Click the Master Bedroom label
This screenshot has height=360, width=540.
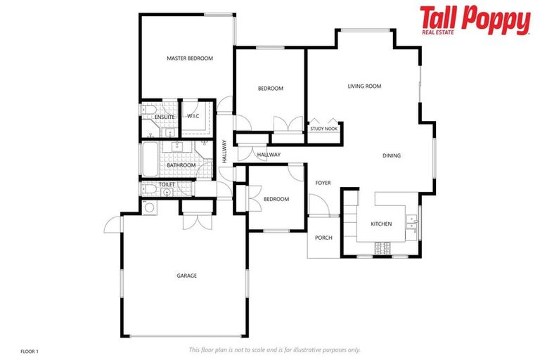click(189, 58)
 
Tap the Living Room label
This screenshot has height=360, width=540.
click(364, 86)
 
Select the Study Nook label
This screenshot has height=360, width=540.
click(323, 129)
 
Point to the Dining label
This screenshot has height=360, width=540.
click(392, 155)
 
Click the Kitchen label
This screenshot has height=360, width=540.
click(381, 224)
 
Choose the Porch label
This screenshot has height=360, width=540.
click(323, 238)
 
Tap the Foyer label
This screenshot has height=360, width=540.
click(323, 183)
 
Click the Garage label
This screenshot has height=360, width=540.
click(186, 276)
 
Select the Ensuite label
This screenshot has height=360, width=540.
click(165, 117)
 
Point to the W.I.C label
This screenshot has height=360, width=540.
click(193, 116)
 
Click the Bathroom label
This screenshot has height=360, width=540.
click(181, 165)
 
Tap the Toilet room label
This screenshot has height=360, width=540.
click(167, 184)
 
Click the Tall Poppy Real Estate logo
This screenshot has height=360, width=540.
click(475, 20)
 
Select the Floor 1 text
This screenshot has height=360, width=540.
click(30, 350)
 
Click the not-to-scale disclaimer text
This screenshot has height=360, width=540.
click(274, 349)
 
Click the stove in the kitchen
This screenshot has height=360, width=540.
click(385, 247)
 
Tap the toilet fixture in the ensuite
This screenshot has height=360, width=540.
click(147, 109)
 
